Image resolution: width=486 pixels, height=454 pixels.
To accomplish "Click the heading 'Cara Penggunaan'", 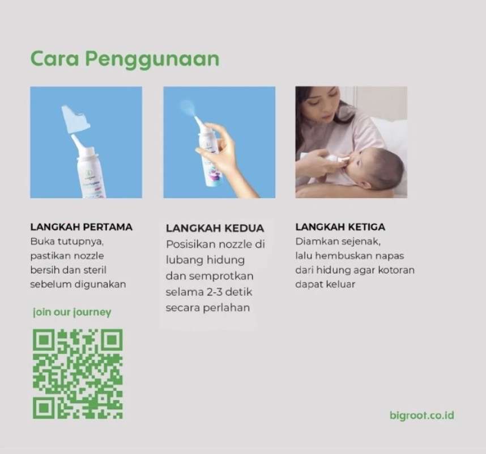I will [125, 59].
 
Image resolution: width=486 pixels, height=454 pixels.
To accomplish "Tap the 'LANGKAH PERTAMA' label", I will [81, 227].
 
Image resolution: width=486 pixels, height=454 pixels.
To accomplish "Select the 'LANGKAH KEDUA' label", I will [215, 228].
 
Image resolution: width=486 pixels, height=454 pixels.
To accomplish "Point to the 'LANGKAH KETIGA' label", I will [340, 227].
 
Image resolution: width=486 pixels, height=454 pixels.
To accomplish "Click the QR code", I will [78, 374].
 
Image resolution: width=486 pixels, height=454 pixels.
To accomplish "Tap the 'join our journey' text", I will [72, 312].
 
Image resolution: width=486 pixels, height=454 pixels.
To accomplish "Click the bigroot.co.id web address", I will [422, 415].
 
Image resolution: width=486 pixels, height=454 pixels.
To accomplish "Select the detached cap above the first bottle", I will [75, 119].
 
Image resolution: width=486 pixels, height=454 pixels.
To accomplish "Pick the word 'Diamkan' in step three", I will [314, 241].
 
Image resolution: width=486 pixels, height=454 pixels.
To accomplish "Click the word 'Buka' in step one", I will [41, 241].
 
